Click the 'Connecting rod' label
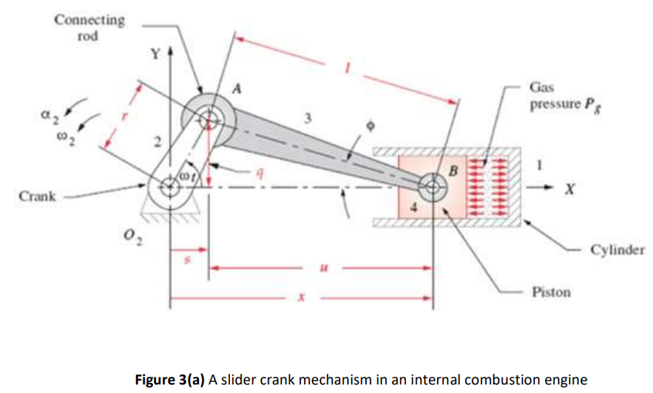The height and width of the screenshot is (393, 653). point(89,27)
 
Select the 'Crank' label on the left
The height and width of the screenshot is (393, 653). point(37,196)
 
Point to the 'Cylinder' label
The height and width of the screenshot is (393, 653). point(617,250)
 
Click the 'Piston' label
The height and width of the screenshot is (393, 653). point(551,292)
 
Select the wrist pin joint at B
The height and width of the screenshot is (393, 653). point(432,185)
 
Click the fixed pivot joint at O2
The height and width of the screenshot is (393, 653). point(168,185)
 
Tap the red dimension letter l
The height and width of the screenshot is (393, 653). point(350,69)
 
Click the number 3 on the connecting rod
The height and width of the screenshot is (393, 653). point(307,118)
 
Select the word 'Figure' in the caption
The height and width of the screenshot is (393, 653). point(155,380)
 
